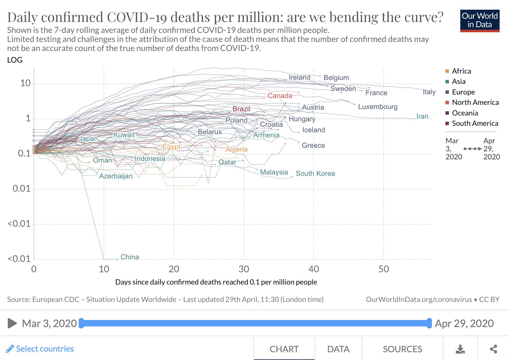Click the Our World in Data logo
(x=480, y=21)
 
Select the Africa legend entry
(x=458, y=71)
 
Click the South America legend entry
(x=472, y=123)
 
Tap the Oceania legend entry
(x=462, y=113)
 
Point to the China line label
(x=130, y=257)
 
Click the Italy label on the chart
(x=429, y=92)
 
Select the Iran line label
(x=422, y=116)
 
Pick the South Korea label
(x=315, y=174)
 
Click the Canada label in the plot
(x=280, y=95)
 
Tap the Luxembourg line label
(x=377, y=107)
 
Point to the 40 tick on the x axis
(x=314, y=269)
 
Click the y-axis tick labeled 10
(x=25, y=83)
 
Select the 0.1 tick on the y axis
(x=24, y=154)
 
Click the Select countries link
(x=40, y=349)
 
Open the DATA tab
(x=338, y=349)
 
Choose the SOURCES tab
(x=403, y=349)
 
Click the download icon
(x=460, y=349)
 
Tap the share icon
(x=493, y=349)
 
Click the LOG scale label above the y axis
(x=15, y=60)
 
